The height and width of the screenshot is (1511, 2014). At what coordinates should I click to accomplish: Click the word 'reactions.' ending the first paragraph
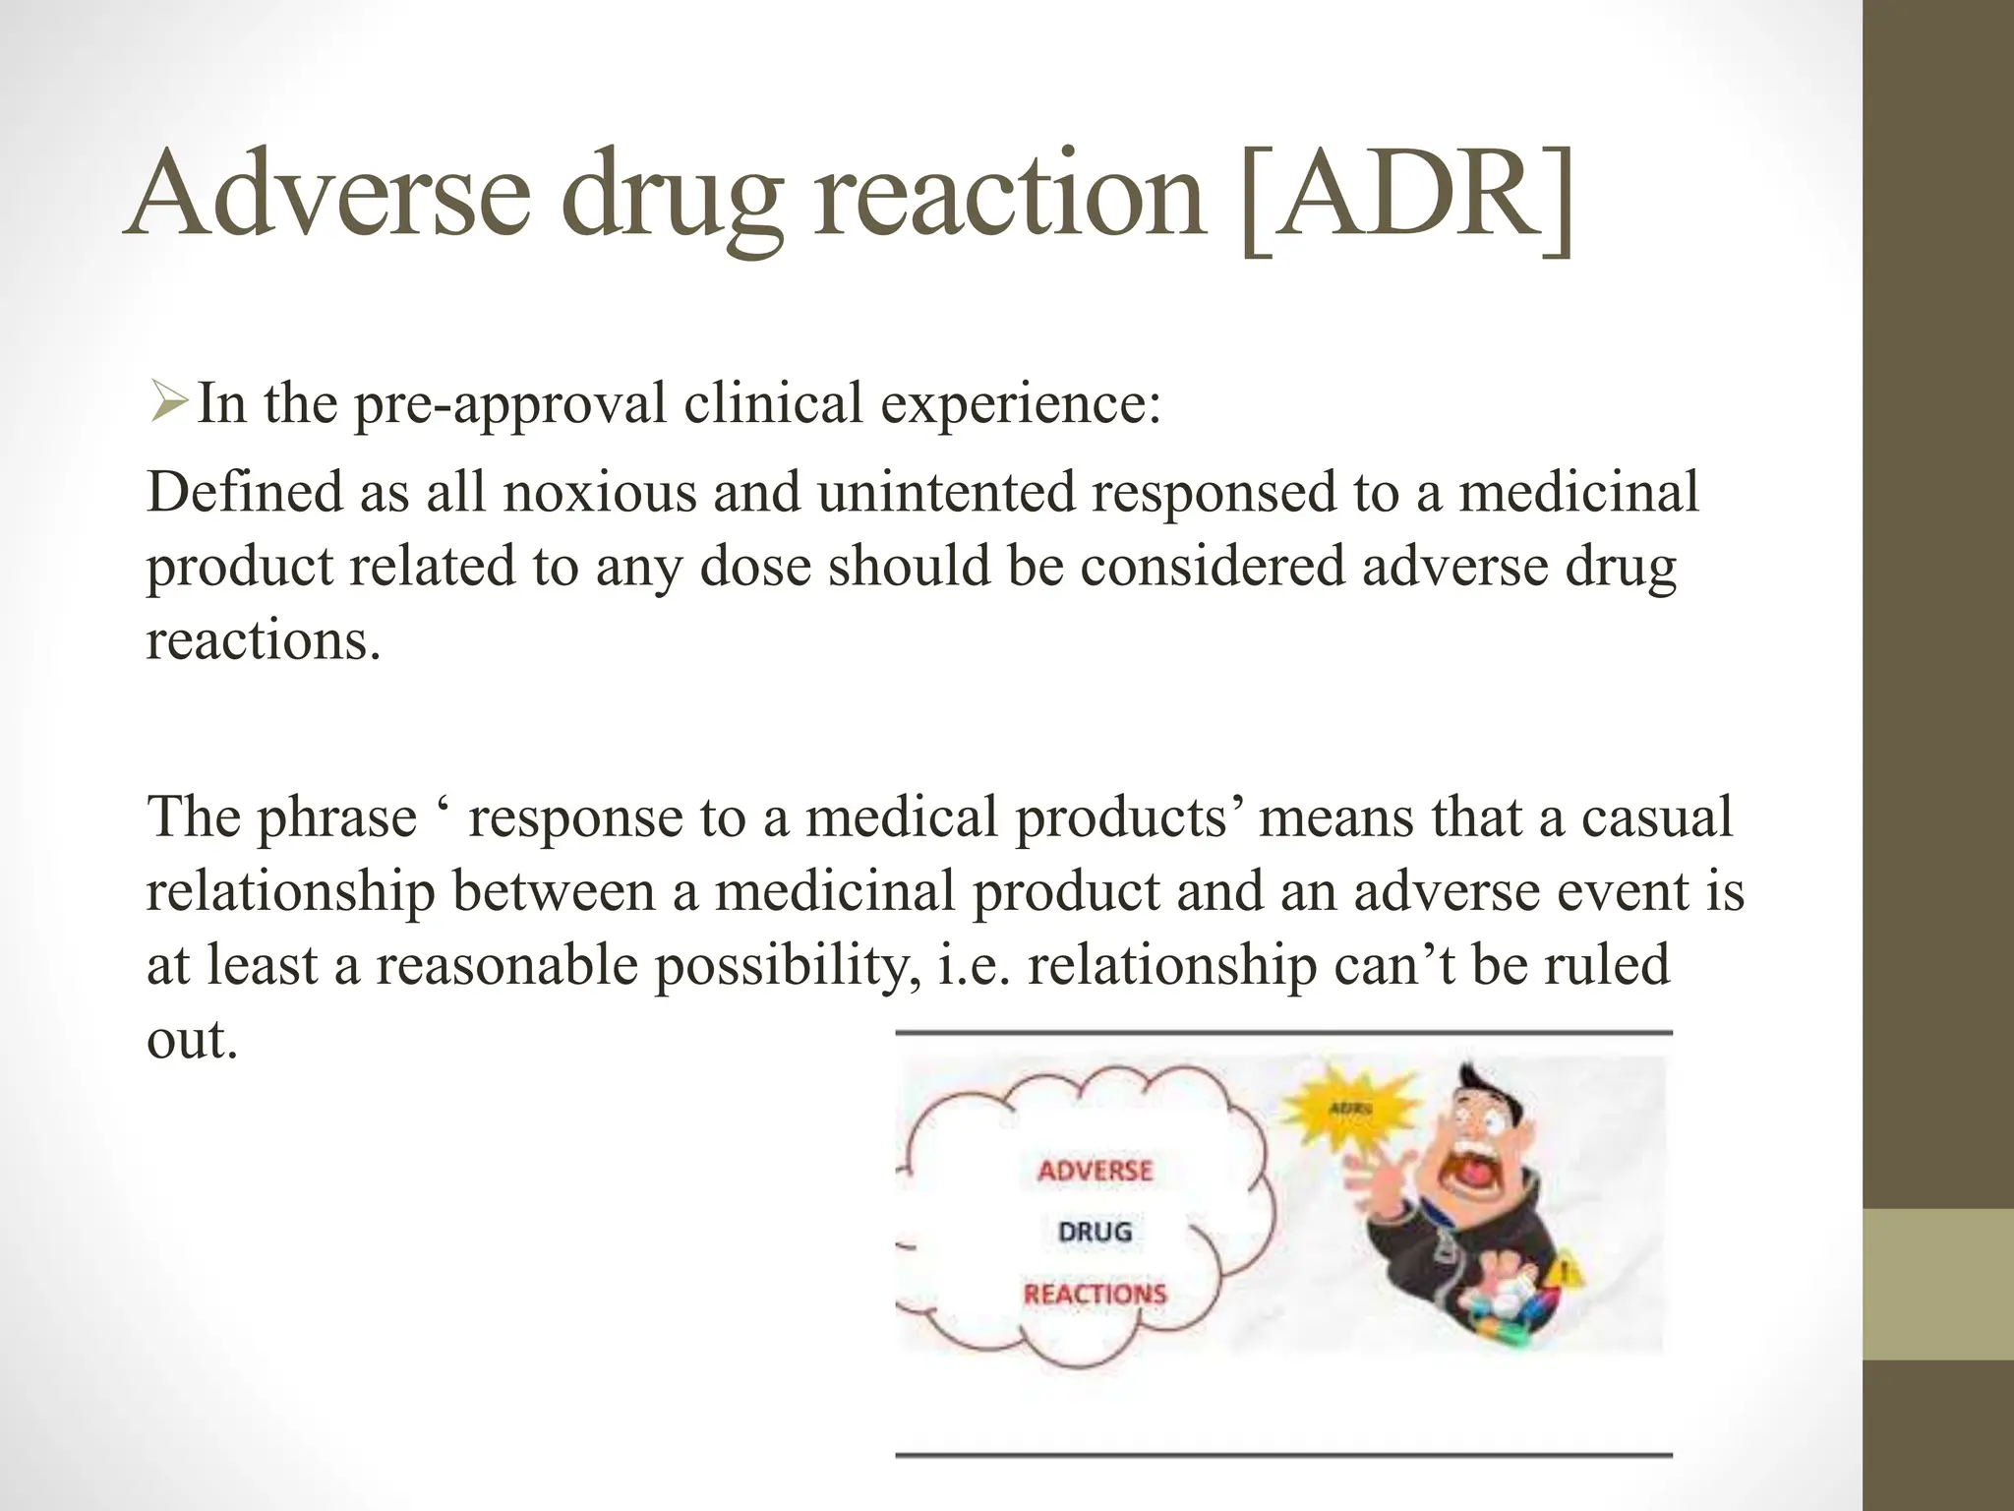(263, 640)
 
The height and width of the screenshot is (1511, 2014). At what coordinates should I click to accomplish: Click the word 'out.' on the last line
(193, 1039)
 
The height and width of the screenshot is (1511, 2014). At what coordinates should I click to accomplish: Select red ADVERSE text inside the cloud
(1095, 1171)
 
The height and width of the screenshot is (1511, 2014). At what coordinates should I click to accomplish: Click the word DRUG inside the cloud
(1095, 1232)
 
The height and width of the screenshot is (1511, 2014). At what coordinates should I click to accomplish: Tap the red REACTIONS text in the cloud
(1095, 1294)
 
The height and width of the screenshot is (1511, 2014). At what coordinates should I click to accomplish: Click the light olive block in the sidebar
(1937, 1285)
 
